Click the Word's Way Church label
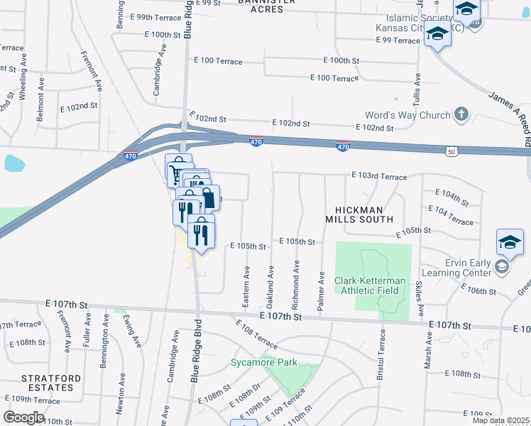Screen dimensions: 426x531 click(x=407, y=116)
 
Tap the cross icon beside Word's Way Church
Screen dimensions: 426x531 click(x=461, y=114)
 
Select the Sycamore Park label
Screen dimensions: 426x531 click(x=263, y=363)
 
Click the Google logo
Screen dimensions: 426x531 click(x=23, y=417)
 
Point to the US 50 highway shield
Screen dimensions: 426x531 click(x=453, y=151)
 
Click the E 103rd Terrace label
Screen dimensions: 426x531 click(x=379, y=176)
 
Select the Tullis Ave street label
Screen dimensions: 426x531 click(x=419, y=91)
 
